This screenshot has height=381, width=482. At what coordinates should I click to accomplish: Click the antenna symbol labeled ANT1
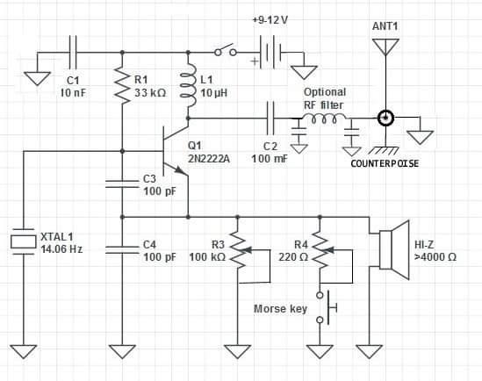point(385,47)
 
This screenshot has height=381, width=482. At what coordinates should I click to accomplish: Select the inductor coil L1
point(188,85)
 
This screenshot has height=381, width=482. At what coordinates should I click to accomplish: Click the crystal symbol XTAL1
point(23,241)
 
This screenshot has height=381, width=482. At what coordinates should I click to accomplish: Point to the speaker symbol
point(394,250)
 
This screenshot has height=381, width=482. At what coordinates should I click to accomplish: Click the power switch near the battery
point(226,50)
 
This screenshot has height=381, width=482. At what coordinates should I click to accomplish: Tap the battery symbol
point(270,53)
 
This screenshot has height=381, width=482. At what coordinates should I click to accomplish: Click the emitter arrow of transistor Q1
point(182,170)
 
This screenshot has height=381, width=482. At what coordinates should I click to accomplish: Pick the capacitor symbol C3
point(122,184)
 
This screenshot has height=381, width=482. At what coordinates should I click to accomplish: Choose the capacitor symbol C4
point(122,250)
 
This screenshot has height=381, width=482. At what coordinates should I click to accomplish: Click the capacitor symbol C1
point(73,53)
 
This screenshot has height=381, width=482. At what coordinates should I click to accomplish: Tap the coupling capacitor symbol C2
point(270,119)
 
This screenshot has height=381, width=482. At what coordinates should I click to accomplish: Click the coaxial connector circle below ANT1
point(385,118)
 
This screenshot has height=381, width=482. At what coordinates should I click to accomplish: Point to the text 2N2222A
point(209,159)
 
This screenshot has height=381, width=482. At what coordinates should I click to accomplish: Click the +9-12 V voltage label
point(270,20)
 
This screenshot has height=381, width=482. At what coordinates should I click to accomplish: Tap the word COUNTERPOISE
point(385,163)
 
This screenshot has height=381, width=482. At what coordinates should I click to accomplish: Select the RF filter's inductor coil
point(324,119)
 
